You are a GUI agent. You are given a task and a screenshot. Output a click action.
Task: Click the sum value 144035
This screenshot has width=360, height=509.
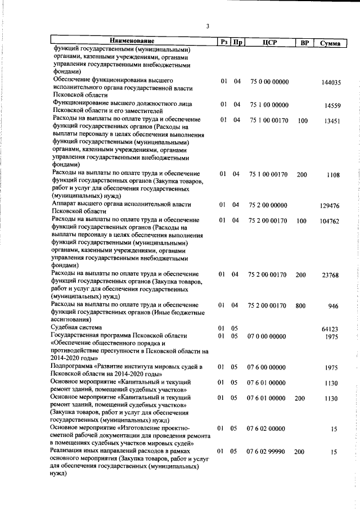[x=331, y=83]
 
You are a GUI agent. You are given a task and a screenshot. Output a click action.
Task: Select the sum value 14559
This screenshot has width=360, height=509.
[x=333, y=106]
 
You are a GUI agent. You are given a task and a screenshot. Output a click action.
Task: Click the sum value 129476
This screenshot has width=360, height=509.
[x=330, y=206]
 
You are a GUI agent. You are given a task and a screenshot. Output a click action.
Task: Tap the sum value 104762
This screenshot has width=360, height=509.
[x=330, y=221]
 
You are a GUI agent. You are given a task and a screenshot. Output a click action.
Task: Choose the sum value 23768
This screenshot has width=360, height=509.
[x=331, y=275]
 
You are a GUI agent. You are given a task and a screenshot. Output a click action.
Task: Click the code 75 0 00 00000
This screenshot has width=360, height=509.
[x=268, y=82]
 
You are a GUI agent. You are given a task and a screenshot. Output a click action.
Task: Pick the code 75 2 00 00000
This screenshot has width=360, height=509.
[x=268, y=205]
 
